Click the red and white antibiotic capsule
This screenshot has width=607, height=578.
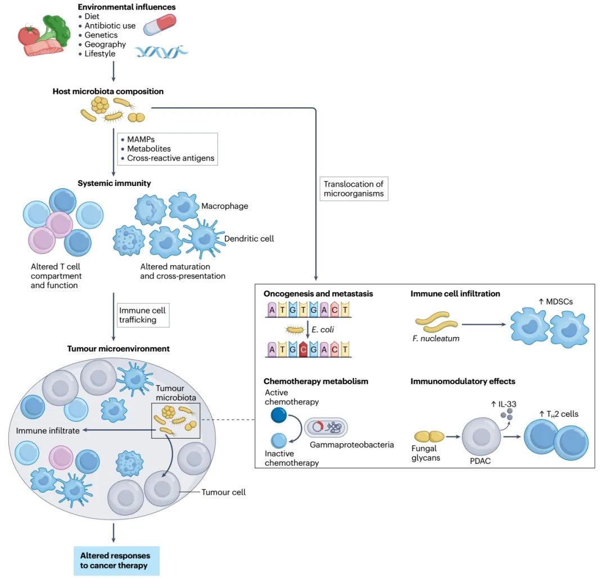159,25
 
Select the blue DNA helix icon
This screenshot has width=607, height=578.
161,53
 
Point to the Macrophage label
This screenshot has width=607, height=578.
225,206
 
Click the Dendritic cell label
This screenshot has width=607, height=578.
249,239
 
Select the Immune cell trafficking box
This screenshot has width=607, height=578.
142,315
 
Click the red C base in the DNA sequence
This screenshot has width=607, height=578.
304,349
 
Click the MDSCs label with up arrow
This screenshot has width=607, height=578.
556,302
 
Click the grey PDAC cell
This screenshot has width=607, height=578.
482,436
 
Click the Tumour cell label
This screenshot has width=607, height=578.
224,492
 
